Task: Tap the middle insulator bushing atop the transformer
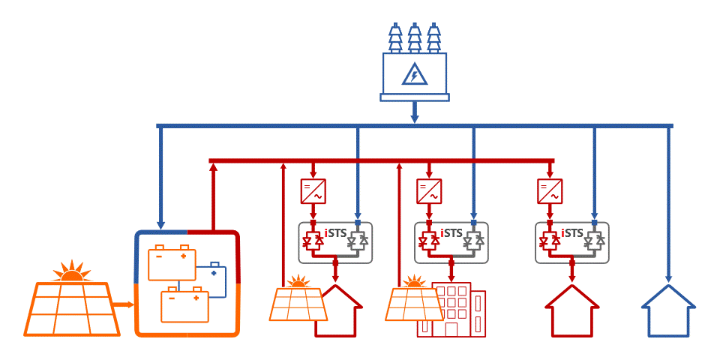coord(414,38)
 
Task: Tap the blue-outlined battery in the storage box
coord(213,279)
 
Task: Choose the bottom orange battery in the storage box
coord(184,305)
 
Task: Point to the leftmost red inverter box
coord(312,191)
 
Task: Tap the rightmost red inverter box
coord(550,191)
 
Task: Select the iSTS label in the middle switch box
coord(451,232)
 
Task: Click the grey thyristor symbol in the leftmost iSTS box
coord(357,242)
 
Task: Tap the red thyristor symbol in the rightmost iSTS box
coord(549,242)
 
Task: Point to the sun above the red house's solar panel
coord(298,283)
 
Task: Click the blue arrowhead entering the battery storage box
coord(160,224)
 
